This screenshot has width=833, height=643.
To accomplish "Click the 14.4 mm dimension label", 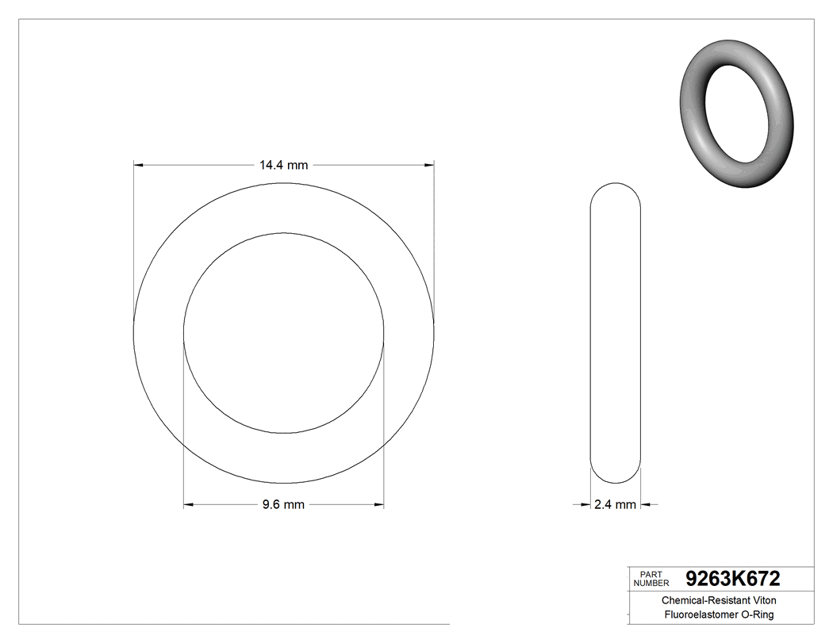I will (283, 165).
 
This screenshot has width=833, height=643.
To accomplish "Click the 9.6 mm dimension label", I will (283, 505).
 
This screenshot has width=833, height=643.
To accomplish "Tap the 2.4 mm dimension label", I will (615, 505).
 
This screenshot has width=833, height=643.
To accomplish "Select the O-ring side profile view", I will (616, 333).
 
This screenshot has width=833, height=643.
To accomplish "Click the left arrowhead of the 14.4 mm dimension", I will (138, 165).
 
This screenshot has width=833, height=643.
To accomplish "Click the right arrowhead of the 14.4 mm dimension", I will (429, 165).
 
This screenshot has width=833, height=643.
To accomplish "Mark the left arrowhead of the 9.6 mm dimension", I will (189, 504).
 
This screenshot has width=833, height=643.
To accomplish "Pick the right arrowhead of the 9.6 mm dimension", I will (379, 504).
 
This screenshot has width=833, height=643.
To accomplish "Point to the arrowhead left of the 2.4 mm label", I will (586, 504).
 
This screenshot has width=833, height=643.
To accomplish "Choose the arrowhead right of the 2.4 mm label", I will (646, 504).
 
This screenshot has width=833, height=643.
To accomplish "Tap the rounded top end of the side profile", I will (616, 190).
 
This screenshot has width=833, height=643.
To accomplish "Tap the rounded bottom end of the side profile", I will (616, 476).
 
